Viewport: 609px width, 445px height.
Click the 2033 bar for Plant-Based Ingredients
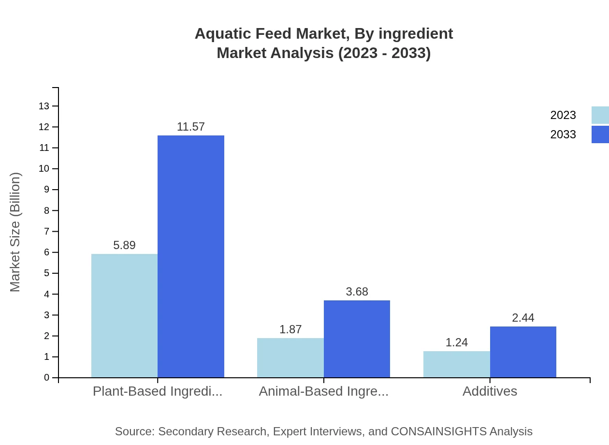coord(191,256)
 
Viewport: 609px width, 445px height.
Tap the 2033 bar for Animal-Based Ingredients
coord(357,339)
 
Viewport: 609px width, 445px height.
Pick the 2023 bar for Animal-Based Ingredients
coord(290,357)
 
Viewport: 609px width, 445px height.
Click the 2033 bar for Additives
coord(523,352)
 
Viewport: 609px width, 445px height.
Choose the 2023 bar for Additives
coord(456,364)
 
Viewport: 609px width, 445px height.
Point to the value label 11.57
coord(191,127)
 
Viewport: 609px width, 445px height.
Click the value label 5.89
coord(124,245)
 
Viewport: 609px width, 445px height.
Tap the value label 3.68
coord(357,292)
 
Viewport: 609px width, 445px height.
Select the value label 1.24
coord(456,342)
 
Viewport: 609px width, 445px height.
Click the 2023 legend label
coord(563,115)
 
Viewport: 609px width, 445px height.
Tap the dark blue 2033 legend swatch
coord(600,134)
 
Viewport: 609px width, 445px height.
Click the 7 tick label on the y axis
coord(46,231)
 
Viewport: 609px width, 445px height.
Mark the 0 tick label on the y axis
coord(46,378)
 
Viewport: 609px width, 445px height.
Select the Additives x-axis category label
coord(490,391)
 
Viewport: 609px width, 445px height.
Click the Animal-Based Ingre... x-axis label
coord(323,391)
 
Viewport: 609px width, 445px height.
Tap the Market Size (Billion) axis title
coord(15,232)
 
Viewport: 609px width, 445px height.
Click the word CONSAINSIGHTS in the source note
coord(438,431)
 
